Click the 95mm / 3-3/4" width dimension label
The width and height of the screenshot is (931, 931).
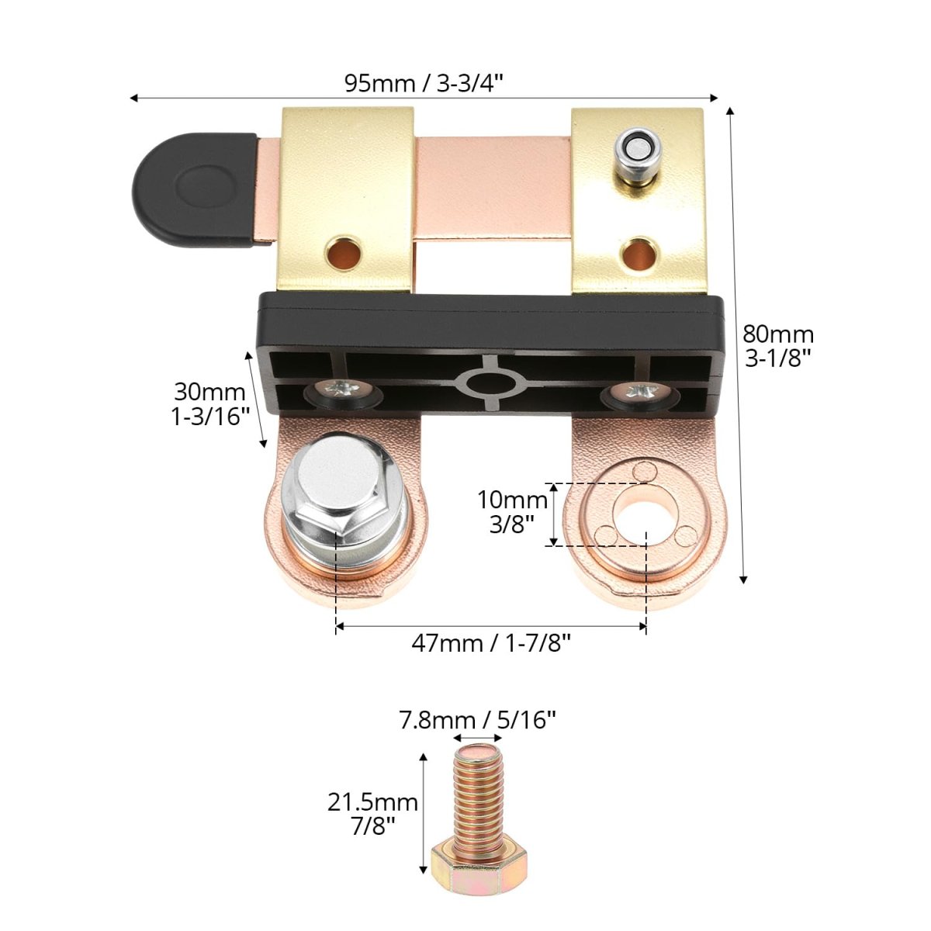click(x=424, y=83)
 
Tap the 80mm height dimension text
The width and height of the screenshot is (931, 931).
click(x=778, y=334)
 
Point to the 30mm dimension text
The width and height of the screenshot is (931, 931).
click(x=209, y=392)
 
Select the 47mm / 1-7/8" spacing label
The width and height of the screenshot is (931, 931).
click(x=491, y=643)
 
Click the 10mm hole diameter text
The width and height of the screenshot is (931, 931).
click(x=512, y=500)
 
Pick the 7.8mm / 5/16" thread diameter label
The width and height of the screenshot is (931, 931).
click(x=477, y=720)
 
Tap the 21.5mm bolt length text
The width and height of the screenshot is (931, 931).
click(x=372, y=802)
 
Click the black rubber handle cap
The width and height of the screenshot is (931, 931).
click(x=194, y=190)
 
